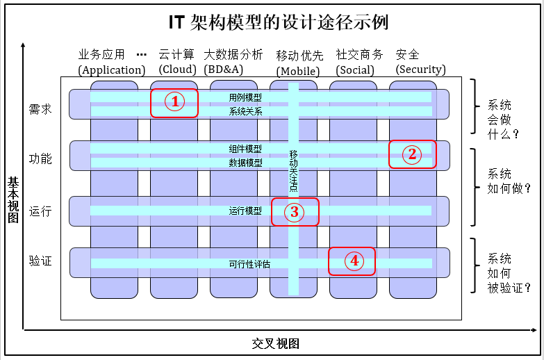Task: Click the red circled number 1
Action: (175, 102)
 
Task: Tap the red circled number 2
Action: (412, 154)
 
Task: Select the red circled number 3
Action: (295, 212)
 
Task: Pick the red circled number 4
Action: (354, 261)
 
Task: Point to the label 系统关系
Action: (245, 111)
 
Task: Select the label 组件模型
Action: (245, 149)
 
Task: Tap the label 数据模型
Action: (245, 163)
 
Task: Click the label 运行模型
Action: (245, 211)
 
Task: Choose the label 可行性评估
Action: (249, 264)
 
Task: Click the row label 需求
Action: (40, 109)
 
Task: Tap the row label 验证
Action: (40, 261)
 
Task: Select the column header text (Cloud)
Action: (178, 69)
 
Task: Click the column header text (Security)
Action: (420, 69)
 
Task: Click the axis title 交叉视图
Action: (276, 344)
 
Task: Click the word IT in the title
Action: (176, 22)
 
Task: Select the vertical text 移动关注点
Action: (293, 170)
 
